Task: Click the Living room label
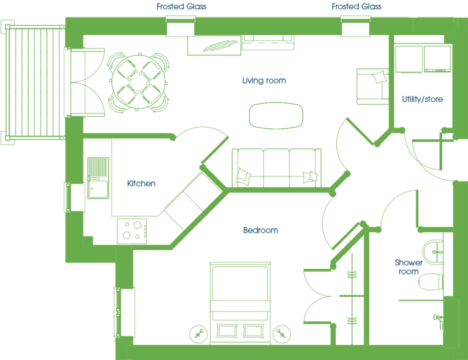point(264,80)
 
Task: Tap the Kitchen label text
point(141,183)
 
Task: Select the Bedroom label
point(260,230)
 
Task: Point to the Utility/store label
point(422,99)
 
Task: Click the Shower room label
point(408,267)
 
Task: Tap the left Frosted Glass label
point(181,6)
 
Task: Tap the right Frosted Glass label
point(356,6)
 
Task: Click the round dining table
point(139,82)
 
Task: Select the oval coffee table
point(276,116)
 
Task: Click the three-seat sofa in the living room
point(276,167)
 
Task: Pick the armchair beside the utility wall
point(373,87)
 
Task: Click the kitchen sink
point(98,178)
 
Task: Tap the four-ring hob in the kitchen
point(132,231)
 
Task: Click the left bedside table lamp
point(198,334)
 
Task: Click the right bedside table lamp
point(281,334)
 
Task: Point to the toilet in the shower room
point(431,282)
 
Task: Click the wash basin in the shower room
point(433,252)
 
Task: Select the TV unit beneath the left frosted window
point(214,46)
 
